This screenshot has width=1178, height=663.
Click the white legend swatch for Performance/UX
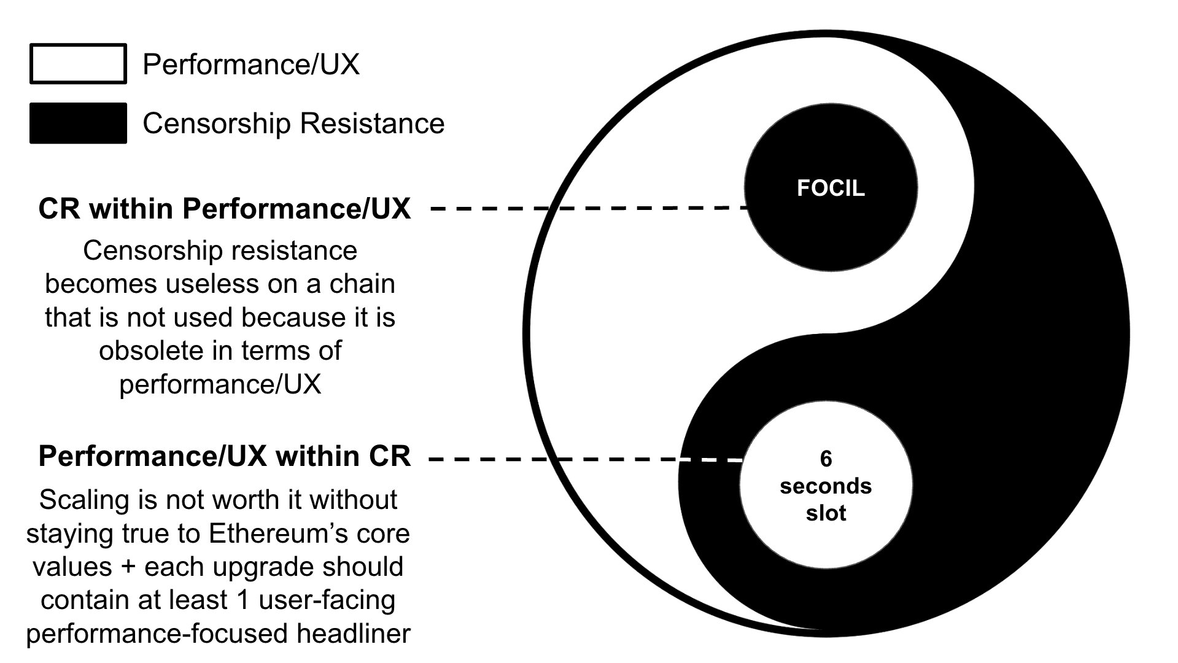(78, 64)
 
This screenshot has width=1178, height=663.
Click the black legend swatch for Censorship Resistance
(78, 123)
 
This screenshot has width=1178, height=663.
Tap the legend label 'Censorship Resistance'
(293, 123)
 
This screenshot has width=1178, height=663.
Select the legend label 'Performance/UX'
(250, 64)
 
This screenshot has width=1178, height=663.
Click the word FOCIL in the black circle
(831, 188)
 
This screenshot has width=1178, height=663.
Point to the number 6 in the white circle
(826, 459)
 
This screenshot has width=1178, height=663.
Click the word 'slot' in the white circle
(826, 513)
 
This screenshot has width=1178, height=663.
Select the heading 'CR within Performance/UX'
(224, 209)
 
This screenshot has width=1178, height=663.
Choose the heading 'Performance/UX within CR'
(224, 457)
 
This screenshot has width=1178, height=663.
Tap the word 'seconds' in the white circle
(826, 486)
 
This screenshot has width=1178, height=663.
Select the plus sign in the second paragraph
(128, 567)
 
